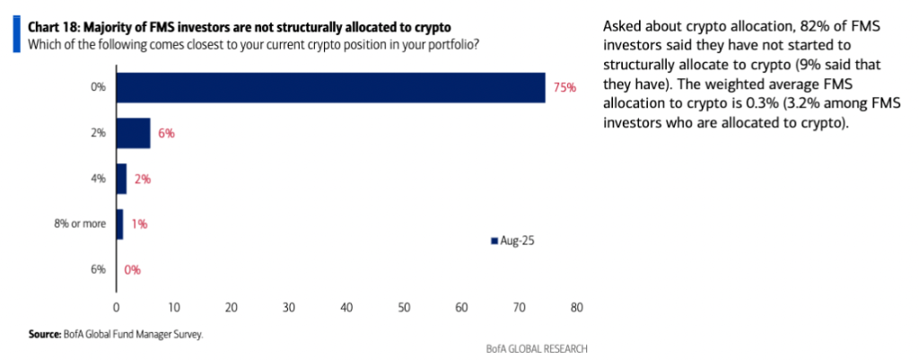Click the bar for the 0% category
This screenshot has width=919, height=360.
point(330,87)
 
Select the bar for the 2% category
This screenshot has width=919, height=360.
point(134,133)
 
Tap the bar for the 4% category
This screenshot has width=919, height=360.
point(122,179)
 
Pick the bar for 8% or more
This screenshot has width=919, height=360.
point(119,224)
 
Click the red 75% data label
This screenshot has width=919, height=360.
point(565,87)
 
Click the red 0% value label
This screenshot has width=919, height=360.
point(131,269)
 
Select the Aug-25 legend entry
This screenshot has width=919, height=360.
point(512,240)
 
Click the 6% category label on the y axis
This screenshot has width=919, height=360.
point(98,269)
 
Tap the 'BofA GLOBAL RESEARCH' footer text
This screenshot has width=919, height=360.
point(530,348)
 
